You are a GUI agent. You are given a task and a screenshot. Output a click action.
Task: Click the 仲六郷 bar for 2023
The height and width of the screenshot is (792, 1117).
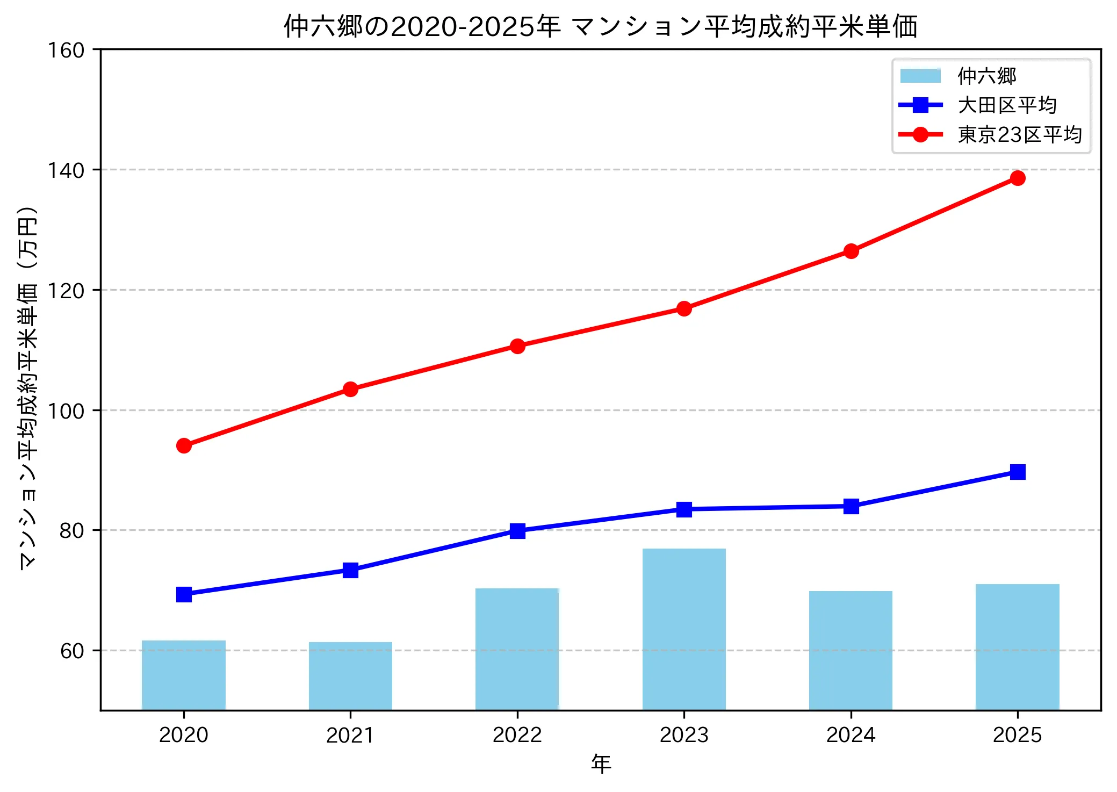(x=684, y=629)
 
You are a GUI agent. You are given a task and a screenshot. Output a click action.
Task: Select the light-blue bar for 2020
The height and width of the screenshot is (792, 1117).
(x=184, y=675)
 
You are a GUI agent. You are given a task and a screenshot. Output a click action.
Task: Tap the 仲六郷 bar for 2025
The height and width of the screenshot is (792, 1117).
(x=1017, y=647)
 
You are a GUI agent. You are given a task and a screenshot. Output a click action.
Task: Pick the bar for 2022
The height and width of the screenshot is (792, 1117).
(x=517, y=649)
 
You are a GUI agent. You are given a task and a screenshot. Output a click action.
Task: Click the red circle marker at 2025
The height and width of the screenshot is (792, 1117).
(x=1017, y=178)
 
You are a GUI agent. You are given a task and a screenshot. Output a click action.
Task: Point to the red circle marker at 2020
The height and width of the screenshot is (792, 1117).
(x=184, y=445)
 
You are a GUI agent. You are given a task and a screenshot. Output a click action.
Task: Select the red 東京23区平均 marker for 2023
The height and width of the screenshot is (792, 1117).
(x=684, y=308)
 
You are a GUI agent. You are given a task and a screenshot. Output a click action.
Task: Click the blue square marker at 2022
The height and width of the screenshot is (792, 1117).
(x=517, y=531)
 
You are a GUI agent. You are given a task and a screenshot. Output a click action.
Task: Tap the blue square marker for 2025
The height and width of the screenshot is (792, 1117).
(x=1017, y=472)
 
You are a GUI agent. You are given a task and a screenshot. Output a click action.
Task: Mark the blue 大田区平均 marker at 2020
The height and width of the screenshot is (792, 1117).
(x=184, y=594)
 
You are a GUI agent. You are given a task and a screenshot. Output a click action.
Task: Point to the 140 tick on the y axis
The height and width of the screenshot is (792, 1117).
(x=66, y=170)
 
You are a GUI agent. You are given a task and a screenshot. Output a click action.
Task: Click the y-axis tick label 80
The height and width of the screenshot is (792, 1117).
(x=72, y=531)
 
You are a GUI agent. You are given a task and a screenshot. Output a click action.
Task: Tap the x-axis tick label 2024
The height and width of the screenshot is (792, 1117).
(x=851, y=735)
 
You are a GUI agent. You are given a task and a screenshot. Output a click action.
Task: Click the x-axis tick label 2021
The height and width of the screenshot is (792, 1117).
(x=350, y=735)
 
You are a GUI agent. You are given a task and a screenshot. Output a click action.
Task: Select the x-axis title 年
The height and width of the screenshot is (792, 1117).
(x=601, y=764)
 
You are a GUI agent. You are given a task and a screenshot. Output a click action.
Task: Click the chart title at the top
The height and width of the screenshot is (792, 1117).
(x=600, y=26)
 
